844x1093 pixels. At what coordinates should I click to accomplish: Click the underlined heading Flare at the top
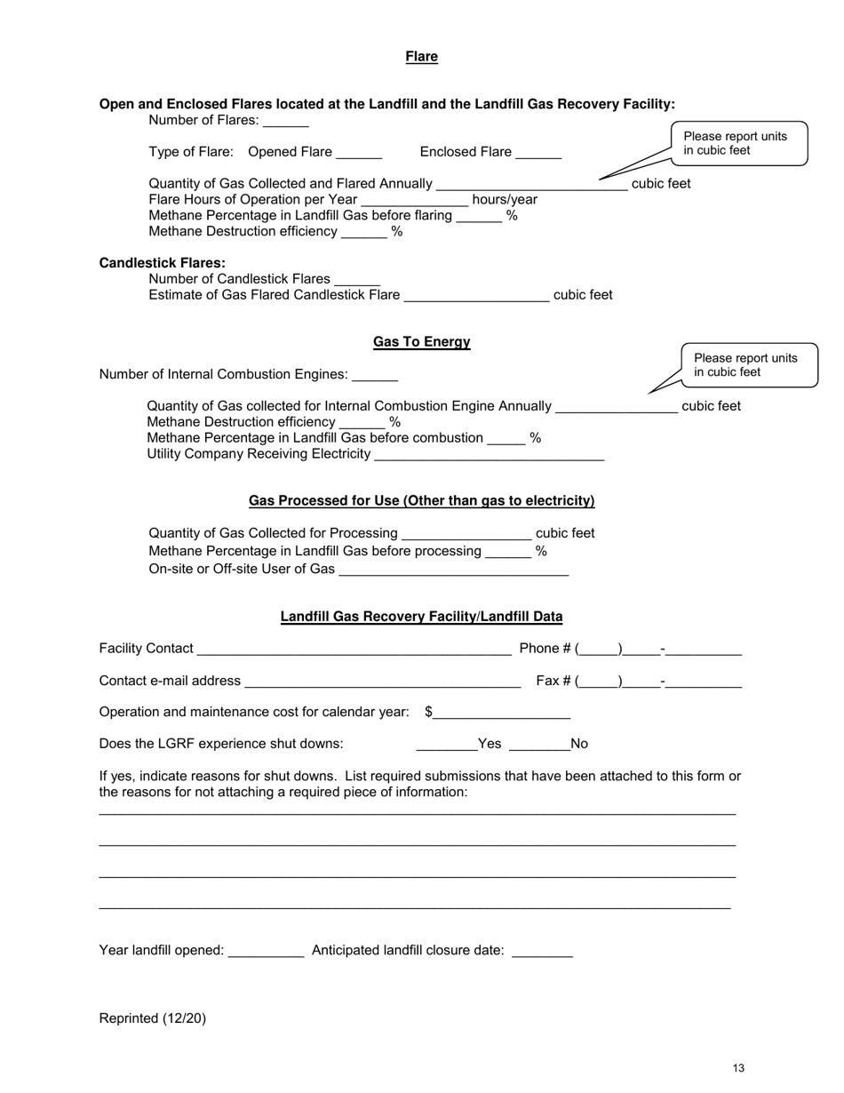(x=421, y=57)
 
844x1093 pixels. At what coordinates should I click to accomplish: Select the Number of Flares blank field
(x=286, y=122)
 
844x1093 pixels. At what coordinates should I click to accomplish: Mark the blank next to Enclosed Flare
(x=538, y=153)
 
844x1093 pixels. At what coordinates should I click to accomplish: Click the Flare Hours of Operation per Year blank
(x=414, y=201)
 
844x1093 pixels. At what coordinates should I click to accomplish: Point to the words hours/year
(x=505, y=200)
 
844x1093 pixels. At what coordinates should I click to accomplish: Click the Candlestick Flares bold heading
(x=163, y=263)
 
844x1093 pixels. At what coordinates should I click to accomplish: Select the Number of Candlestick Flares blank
(x=357, y=280)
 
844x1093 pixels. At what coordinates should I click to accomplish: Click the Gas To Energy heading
(x=421, y=342)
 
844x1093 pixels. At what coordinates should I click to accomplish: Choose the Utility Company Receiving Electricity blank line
(x=490, y=456)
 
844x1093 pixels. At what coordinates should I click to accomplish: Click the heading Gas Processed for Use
(x=421, y=501)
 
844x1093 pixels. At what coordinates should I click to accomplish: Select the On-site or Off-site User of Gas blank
(x=454, y=570)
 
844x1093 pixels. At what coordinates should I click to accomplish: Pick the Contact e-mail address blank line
(x=382, y=682)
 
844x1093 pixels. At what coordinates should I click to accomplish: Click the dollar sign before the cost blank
(x=429, y=712)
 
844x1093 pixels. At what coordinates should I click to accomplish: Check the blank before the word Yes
(x=446, y=745)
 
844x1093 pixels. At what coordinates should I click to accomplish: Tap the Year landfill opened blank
(x=266, y=952)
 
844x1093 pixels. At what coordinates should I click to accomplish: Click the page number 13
(x=738, y=1068)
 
